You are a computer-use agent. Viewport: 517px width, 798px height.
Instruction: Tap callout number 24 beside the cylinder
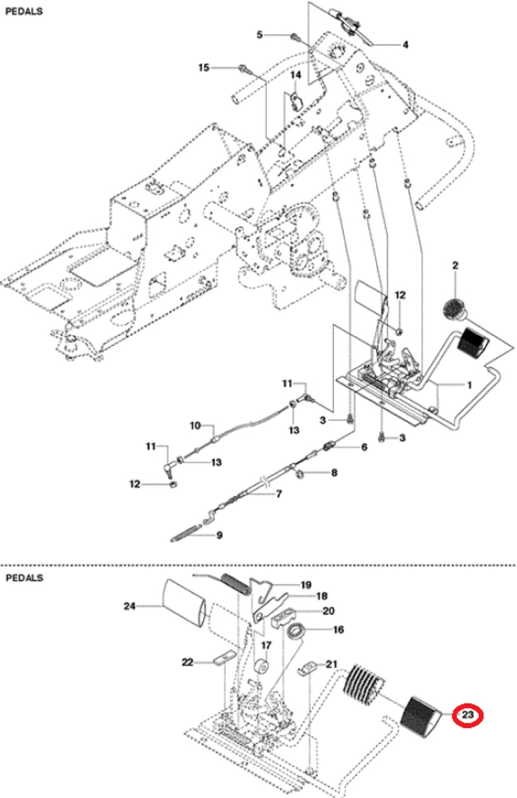click(130, 606)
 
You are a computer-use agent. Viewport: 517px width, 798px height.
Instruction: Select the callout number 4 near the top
click(405, 45)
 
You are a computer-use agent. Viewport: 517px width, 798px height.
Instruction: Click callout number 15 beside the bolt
click(203, 67)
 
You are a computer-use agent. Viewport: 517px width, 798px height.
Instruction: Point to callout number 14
click(296, 75)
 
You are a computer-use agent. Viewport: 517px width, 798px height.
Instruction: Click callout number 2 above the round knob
click(455, 265)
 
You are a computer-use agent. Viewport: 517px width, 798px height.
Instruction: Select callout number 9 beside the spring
click(219, 535)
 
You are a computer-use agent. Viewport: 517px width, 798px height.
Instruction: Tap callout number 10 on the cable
click(195, 426)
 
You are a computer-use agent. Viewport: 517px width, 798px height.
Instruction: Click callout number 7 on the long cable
click(279, 494)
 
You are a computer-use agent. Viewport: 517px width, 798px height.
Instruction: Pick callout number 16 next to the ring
click(338, 630)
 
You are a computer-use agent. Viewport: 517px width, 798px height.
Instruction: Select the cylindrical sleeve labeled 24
click(184, 603)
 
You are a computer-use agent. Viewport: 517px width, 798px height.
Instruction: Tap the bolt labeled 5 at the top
click(296, 38)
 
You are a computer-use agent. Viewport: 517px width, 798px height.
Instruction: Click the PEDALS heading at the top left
click(24, 12)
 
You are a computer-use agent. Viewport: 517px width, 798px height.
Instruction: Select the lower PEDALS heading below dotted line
click(24, 577)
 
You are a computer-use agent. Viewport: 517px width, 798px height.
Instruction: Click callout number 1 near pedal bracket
click(469, 385)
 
